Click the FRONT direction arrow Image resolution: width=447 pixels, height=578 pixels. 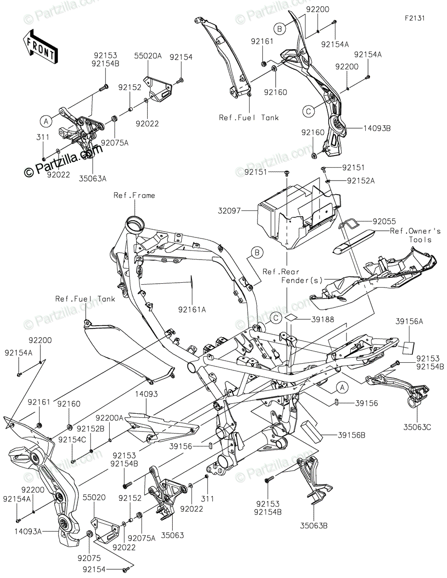[x=40, y=47]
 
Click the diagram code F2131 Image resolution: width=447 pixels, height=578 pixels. [x=415, y=18]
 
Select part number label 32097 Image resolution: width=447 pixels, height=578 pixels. [x=229, y=211]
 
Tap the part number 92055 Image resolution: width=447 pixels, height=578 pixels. [x=384, y=221]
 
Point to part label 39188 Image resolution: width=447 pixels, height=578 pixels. [x=322, y=319]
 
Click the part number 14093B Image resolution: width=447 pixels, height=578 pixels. [x=377, y=129]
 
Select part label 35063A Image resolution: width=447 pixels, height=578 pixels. [x=92, y=179]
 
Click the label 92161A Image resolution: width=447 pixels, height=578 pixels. [x=192, y=310]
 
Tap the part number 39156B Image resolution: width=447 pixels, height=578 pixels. [x=351, y=435]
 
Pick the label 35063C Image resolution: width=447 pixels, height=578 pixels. [x=417, y=427]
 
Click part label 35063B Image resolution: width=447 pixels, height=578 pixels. [x=314, y=526]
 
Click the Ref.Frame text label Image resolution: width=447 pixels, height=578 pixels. [x=134, y=196]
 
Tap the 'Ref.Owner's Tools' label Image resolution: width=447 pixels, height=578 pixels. [x=415, y=236]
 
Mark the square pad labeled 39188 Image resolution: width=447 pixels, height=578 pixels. [x=292, y=318]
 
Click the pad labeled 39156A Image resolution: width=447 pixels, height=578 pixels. [x=409, y=348]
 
